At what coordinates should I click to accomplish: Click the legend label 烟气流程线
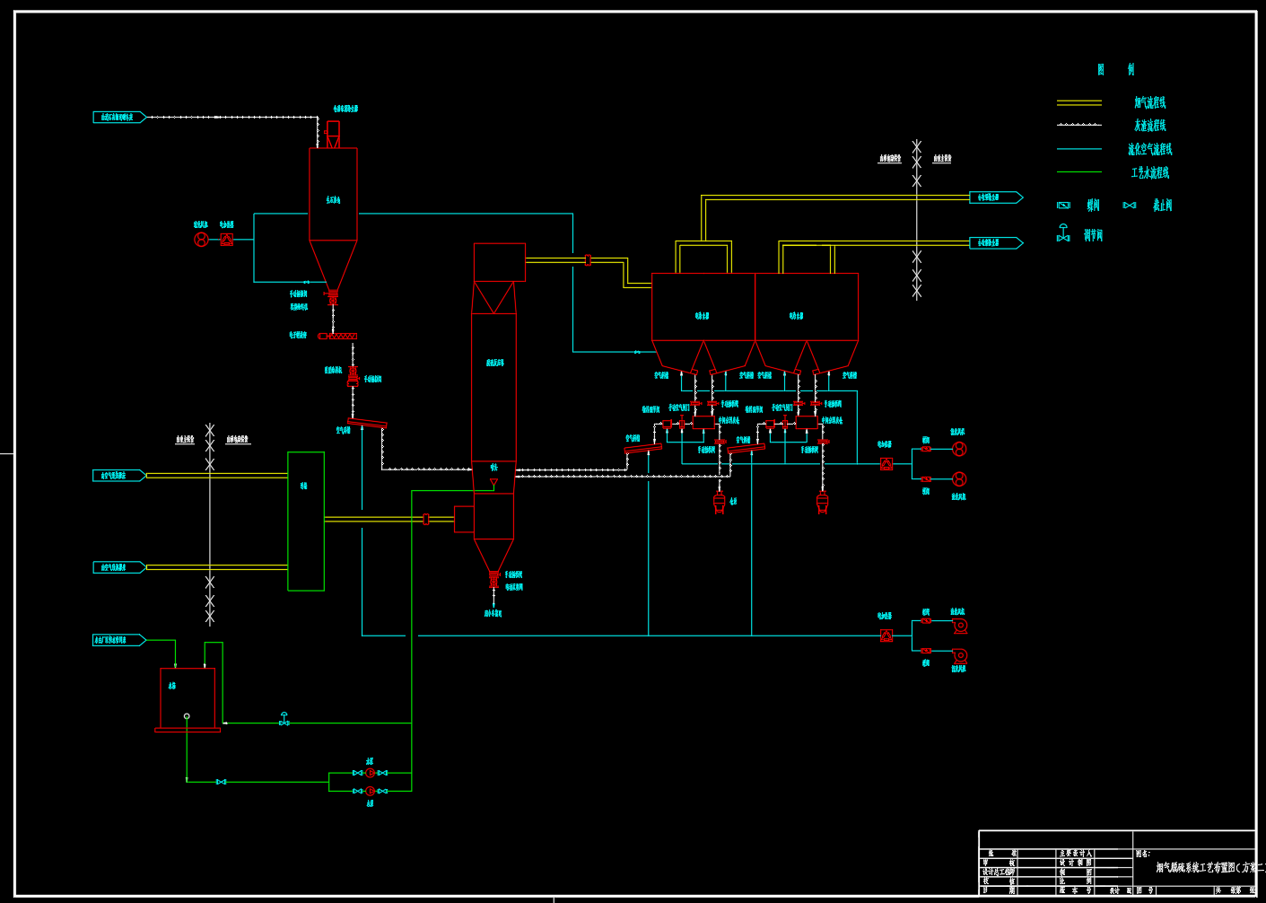tap(1149, 103)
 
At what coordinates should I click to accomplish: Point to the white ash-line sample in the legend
tap(1078, 125)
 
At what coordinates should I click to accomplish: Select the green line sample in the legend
tap(1078, 171)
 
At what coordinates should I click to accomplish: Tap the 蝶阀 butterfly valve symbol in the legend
tap(1063, 206)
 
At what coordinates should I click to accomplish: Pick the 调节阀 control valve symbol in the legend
tap(1063, 234)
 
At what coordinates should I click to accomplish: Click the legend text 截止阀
tap(1162, 206)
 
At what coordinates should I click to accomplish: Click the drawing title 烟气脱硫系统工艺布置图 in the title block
tap(1202, 868)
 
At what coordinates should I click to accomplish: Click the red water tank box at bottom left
tap(187, 697)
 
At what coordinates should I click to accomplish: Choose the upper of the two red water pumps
tap(370, 772)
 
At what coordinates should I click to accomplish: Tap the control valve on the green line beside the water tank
tap(284, 719)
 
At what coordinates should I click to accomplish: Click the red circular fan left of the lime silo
tap(201, 240)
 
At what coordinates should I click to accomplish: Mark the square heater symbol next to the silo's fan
tap(226, 240)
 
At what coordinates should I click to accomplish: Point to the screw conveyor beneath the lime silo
tap(338, 336)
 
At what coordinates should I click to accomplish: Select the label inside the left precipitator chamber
tap(702, 316)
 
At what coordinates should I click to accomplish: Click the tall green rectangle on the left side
tap(305, 521)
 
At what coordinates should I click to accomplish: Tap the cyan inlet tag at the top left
tap(118, 118)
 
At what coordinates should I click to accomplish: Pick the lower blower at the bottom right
tap(959, 656)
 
